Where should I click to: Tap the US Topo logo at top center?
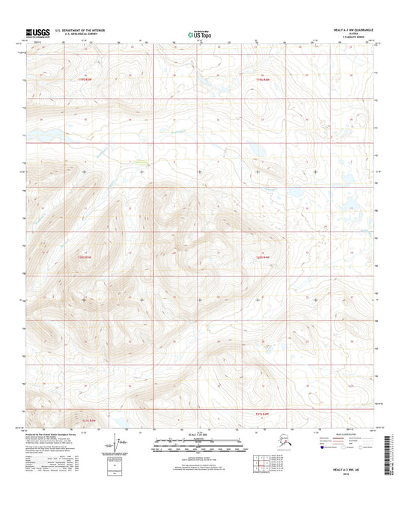click(198, 34)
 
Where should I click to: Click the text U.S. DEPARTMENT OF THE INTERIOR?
click(84, 30)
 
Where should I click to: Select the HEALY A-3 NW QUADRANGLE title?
click(353, 30)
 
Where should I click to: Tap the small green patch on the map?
click(142, 160)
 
